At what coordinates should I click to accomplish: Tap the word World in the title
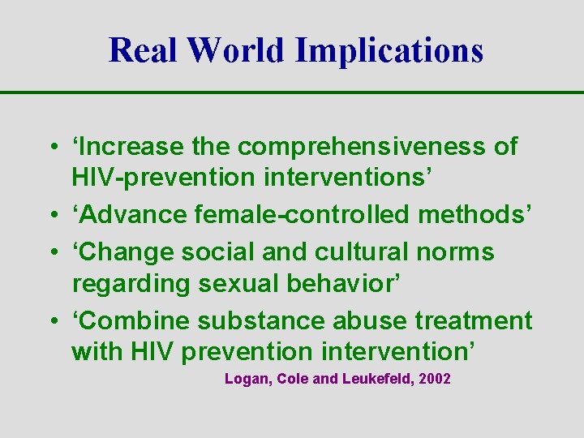pos(236,49)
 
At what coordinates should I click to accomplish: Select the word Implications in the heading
pos(389,51)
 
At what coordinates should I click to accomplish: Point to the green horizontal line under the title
pos(292,93)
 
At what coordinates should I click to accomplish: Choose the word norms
pos(455,252)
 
